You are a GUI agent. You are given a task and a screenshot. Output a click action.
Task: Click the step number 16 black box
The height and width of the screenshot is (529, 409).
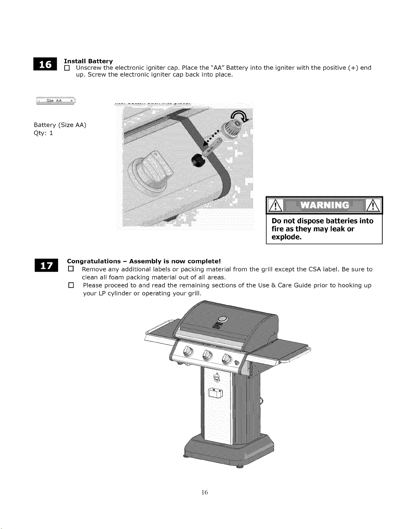[45, 64]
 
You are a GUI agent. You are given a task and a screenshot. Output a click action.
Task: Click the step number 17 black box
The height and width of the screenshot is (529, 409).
[46, 265]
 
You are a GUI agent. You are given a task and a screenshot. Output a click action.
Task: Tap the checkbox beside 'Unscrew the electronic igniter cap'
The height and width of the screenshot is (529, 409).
[67, 68]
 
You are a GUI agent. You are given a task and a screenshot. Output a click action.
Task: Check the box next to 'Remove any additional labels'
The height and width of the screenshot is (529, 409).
[71, 269]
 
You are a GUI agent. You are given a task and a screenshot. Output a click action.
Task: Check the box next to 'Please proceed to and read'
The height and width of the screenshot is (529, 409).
[71, 285]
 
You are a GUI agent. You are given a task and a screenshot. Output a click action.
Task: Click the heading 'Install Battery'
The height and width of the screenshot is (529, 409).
[88, 61]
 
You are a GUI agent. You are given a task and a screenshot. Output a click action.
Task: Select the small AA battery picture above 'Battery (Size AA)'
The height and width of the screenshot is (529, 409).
[56, 100]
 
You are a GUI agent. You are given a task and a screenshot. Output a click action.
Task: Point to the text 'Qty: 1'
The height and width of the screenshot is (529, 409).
[43, 133]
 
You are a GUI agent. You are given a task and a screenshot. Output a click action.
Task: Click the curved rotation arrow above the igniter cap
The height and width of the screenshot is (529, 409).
[240, 116]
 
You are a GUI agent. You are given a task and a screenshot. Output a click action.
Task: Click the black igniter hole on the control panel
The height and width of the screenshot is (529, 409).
[198, 160]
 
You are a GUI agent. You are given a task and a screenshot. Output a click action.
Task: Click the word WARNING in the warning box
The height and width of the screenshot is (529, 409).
[325, 205]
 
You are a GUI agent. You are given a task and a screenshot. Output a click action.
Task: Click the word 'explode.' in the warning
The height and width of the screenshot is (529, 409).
[286, 237]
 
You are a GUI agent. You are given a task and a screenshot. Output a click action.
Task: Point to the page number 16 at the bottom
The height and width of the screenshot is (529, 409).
[204, 492]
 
